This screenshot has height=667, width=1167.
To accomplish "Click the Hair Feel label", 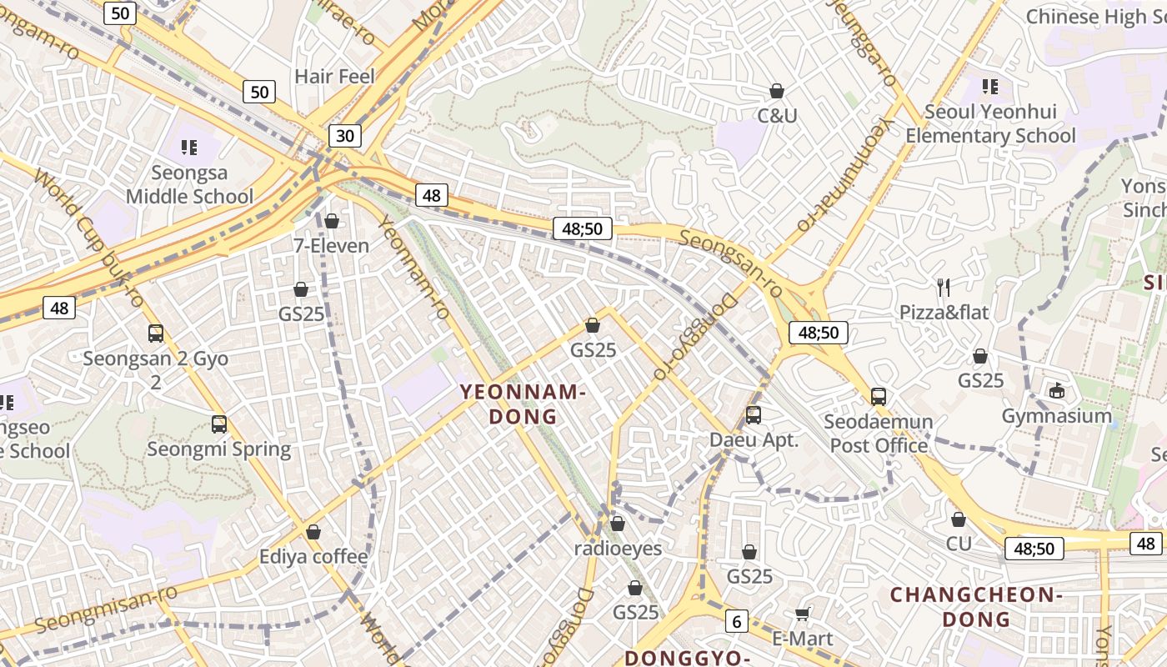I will point(335,77).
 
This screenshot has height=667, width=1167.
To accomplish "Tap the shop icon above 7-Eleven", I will point(332,221).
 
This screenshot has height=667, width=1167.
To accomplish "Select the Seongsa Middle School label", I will point(189,185).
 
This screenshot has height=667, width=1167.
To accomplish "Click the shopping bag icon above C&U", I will point(777,91).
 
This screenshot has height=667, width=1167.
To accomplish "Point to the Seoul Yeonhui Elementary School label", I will point(990,123).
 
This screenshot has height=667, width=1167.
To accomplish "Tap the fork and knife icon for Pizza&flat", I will point(944,288).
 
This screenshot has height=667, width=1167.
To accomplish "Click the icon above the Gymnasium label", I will point(1057,390).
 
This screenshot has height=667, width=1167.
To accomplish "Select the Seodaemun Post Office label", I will point(879,434).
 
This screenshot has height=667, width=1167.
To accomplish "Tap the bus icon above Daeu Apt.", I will point(754,414).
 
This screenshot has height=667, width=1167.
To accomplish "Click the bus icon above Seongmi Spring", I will point(219,424).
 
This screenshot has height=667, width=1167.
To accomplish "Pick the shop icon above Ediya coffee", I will point(313,532).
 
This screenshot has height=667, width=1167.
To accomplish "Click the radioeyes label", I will point(618,549).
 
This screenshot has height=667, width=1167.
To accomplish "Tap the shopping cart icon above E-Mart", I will point(802,614).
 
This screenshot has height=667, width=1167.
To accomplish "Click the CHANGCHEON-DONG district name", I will point(975,607).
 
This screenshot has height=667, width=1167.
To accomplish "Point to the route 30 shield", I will point(345,136).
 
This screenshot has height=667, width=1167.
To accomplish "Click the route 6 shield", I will point(736,621).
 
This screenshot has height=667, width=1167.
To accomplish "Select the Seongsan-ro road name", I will point(730,263).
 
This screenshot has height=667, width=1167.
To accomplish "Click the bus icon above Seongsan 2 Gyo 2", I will point(156,333).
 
